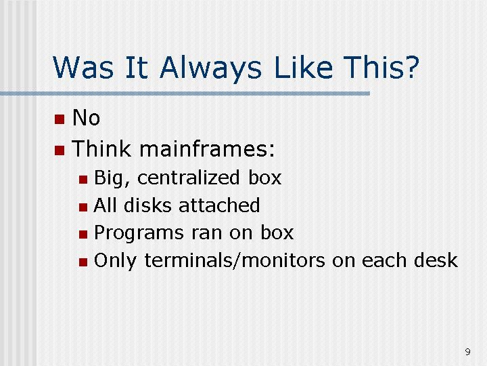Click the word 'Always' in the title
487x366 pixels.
211,68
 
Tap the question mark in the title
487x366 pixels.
411,66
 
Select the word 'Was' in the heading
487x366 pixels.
83,67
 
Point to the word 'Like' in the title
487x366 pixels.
304,67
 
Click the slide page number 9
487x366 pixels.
468,352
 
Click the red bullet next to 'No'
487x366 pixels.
60,119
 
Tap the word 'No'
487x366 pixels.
86,118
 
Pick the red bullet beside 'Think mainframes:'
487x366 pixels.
60,150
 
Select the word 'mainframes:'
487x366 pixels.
207,148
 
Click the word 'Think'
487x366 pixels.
101,148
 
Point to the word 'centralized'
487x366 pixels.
189,178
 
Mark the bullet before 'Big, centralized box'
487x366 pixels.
83,180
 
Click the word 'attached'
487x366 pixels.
219,205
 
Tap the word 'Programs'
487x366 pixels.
139,234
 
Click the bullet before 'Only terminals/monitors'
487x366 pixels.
83,262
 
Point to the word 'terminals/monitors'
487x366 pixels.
235,260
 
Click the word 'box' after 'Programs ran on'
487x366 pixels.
277,232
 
